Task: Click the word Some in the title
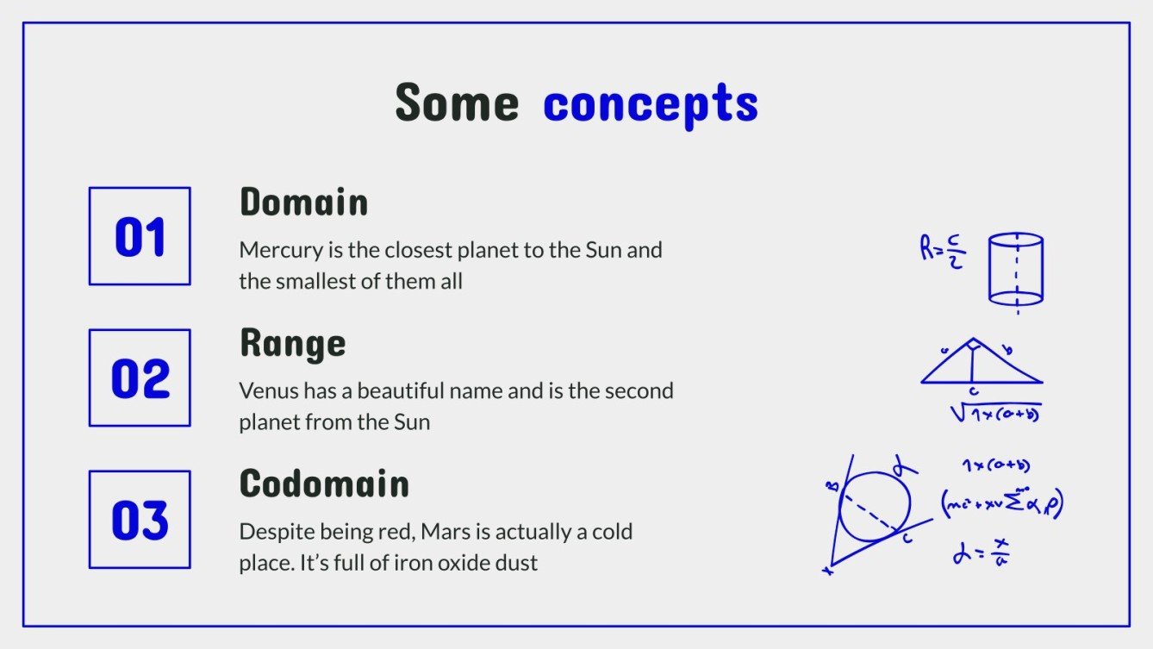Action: (x=457, y=103)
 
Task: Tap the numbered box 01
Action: (x=140, y=236)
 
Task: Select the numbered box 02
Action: (x=140, y=378)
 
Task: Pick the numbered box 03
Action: (x=140, y=520)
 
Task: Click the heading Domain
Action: (x=303, y=203)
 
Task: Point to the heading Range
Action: (x=292, y=344)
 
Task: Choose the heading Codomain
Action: (x=324, y=484)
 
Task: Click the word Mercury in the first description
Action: (x=274, y=251)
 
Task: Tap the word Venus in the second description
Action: (x=263, y=391)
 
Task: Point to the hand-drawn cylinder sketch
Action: (x=1016, y=269)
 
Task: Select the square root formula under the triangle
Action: (x=996, y=414)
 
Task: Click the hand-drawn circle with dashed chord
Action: (x=875, y=507)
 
